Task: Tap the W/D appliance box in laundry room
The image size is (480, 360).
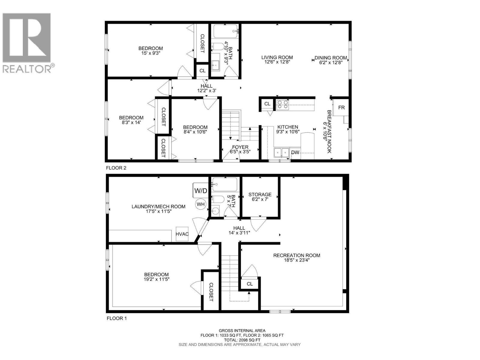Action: coord(200,190)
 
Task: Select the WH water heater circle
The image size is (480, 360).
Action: coord(200,204)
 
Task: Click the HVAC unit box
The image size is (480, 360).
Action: coord(182,234)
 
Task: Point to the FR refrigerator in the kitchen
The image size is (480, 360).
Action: coord(341,107)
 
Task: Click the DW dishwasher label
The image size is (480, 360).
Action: coord(295,152)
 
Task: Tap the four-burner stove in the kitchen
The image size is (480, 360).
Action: coord(282,104)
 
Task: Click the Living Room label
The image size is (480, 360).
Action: coord(277,57)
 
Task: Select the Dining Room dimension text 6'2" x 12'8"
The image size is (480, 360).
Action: coord(331,62)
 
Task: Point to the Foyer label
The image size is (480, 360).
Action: coord(240,147)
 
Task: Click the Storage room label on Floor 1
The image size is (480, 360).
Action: coord(260,195)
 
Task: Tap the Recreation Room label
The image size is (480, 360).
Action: coord(297,255)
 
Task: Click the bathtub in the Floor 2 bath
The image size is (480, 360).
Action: coord(226,31)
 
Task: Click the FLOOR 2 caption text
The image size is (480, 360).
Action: coord(116,168)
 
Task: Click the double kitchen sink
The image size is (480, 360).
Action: coord(281,153)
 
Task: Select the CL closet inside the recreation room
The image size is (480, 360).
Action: coord(250,284)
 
